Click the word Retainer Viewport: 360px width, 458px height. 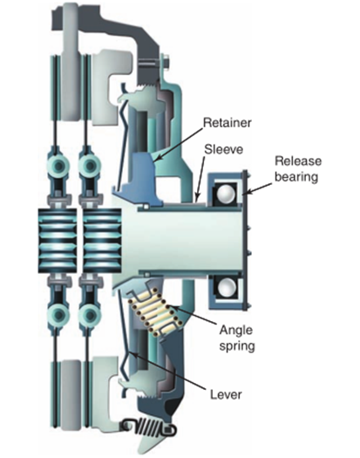pyautogui.click(x=228, y=123)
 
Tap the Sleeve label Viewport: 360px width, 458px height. pyautogui.click(x=223, y=149)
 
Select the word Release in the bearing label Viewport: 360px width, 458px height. pyautogui.click(x=298, y=161)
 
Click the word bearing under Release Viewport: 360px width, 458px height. pyautogui.click(x=296, y=177)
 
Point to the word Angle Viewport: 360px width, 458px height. pyautogui.click(x=236, y=331)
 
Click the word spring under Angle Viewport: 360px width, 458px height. pyautogui.click(x=237, y=346)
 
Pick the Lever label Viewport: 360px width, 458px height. pyautogui.click(x=226, y=394)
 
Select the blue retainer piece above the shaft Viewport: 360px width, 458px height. pyautogui.click(x=138, y=179)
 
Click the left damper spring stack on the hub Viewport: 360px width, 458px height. pyautogui.click(x=58, y=241)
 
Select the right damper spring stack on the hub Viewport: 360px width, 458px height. pyautogui.click(x=102, y=241)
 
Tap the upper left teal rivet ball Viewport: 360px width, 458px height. pyautogui.click(x=58, y=166)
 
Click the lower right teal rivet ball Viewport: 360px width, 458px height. pyautogui.click(x=88, y=315)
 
